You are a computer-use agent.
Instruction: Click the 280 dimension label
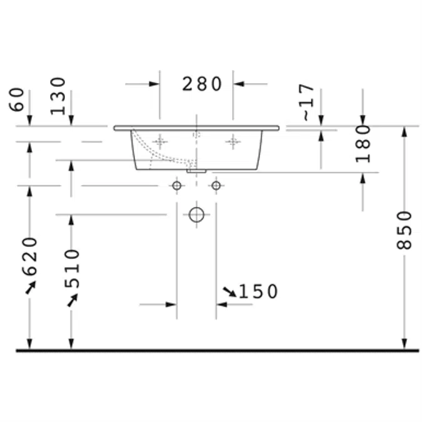click(202, 84)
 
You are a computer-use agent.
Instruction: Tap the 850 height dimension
click(404, 230)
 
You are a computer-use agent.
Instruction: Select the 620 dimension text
click(29, 256)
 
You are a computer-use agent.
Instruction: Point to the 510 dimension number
click(72, 269)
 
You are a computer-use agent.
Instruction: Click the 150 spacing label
click(258, 291)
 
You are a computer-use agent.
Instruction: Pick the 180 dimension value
click(363, 144)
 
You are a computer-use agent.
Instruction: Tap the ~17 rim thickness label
click(308, 103)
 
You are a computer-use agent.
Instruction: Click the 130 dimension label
click(58, 96)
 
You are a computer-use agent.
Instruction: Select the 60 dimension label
click(17, 99)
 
